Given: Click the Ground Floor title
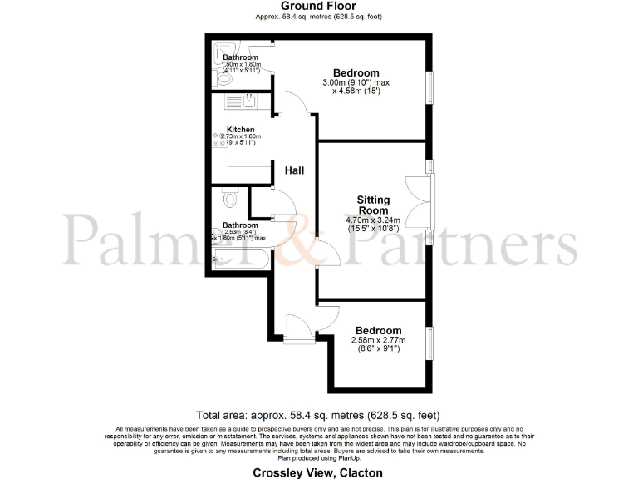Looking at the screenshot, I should point(319,7).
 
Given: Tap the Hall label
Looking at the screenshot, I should point(294,170).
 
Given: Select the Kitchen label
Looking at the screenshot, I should point(240,130).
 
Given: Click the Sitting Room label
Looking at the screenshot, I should point(373,205).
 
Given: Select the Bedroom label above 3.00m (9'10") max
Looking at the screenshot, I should point(356,72).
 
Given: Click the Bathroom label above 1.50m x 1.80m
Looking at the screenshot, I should point(240,57).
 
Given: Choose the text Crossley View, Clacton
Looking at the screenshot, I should point(319,472).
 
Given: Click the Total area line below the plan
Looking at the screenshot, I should point(318,414).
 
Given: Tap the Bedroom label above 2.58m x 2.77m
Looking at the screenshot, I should point(378,330).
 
